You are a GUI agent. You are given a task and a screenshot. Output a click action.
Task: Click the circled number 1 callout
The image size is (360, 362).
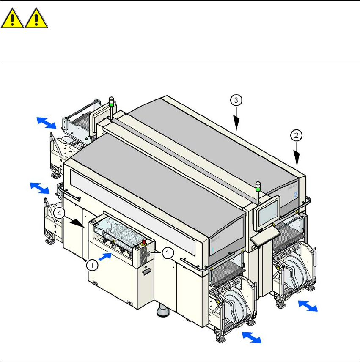coord(168,252)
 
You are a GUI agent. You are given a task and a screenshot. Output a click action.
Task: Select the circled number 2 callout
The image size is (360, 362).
coord(297,136)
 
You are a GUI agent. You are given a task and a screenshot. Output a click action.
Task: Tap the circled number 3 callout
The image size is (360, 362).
coord(236,100)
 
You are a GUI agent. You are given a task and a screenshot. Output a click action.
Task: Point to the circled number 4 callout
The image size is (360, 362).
coord(61,214)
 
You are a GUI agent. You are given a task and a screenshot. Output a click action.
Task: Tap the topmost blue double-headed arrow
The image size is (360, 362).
coord(46,123)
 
